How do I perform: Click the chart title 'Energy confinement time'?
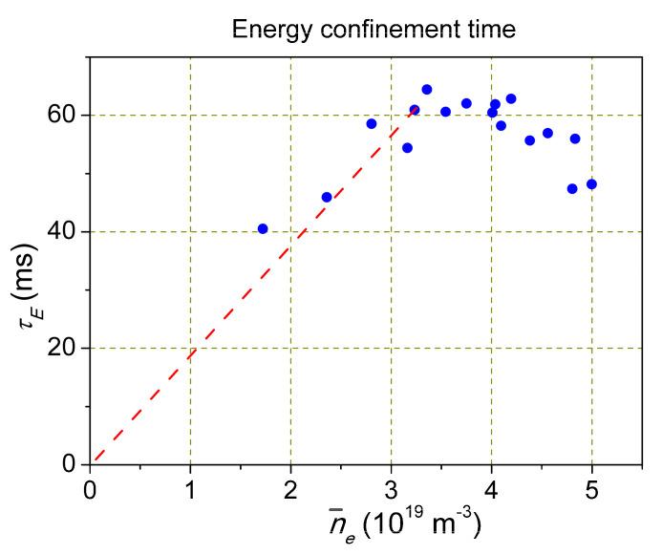(374, 31)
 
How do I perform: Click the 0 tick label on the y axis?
(70, 465)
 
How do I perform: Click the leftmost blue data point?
(263, 228)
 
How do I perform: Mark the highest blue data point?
(427, 90)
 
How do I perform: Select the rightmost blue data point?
(591, 184)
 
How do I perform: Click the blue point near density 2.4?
(327, 197)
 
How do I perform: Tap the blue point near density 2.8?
(372, 124)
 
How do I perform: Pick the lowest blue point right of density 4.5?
(572, 189)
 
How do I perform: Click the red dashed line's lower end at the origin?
(93, 462)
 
